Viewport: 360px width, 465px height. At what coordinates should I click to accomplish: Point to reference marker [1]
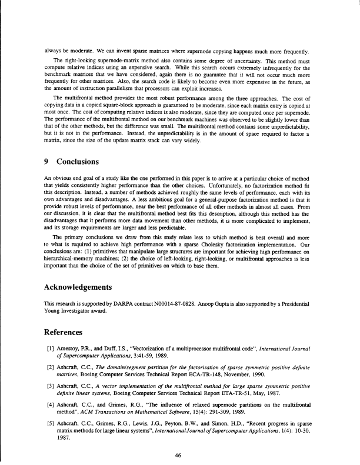51,349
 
